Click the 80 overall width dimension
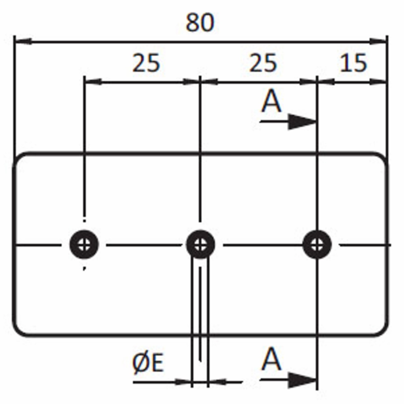click(x=200, y=22)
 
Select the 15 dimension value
click(x=353, y=63)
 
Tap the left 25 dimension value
click(x=146, y=63)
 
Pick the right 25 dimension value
click(x=263, y=63)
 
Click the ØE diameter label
click(x=148, y=363)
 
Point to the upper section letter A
click(x=271, y=102)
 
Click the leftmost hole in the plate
click(x=84, y=244)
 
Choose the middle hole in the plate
click(x=200, y=244)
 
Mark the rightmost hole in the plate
click(x=317, y=244)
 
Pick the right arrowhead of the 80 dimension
click(x=378, y=41)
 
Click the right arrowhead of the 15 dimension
click(x=378, y=82)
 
